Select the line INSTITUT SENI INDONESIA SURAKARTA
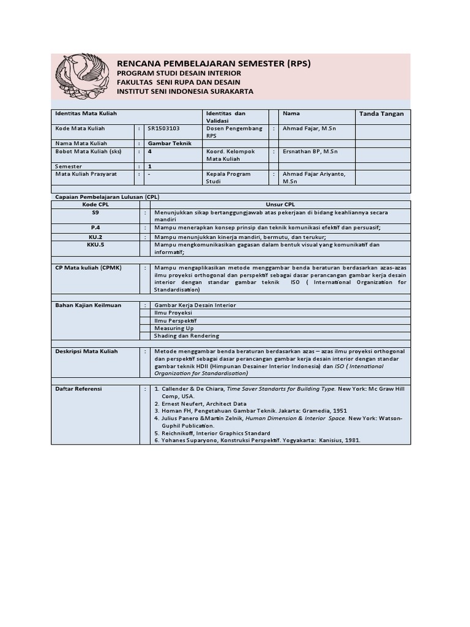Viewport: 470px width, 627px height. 185,91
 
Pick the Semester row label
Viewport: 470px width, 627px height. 68,166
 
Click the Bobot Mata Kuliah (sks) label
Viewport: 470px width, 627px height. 89,151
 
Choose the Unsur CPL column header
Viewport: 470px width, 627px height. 280,204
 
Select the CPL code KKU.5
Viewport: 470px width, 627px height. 95,244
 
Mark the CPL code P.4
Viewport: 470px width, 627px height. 95,227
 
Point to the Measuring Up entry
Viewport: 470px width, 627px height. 174,328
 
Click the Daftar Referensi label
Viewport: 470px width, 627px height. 78,389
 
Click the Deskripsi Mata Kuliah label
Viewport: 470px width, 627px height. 86,351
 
